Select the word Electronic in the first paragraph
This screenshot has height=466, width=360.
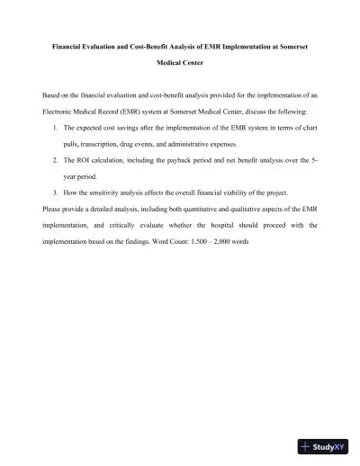(x=64, y=111)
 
